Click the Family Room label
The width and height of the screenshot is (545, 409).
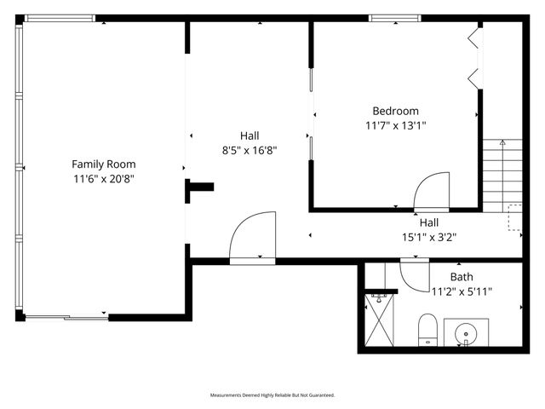(103, 164)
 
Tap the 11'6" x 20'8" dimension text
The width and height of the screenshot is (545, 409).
(103, 179)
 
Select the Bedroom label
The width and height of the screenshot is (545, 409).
(395, 111)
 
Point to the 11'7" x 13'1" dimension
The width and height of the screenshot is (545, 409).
(395, 125)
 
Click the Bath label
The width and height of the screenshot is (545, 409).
(462, 277)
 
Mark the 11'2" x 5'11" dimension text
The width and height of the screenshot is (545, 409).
(462, 291)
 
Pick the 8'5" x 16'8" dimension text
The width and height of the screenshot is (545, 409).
(249, 150)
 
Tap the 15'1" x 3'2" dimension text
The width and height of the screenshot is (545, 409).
(428, 238)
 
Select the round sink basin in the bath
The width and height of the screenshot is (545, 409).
(466, 331)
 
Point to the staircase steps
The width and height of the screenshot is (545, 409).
(502, 175)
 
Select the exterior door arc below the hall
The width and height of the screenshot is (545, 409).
(252, 237)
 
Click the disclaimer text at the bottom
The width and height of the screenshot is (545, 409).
(272, 395)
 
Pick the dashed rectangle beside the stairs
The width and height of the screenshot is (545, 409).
(514, 217)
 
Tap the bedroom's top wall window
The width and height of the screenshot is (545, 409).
(393, 18)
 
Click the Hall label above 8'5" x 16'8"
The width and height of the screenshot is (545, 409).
(249, 135)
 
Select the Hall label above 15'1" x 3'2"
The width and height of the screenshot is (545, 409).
(428, 223)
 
